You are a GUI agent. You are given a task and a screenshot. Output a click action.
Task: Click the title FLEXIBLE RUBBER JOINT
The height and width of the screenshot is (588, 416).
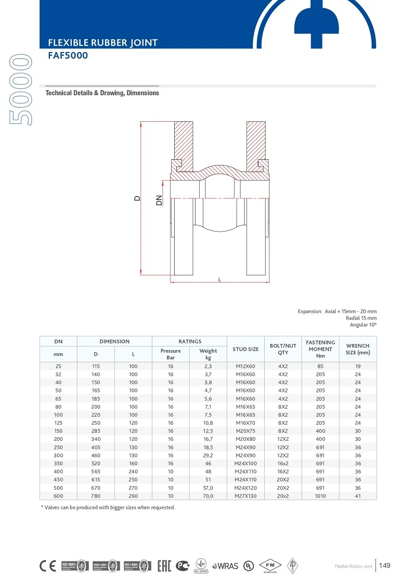102,43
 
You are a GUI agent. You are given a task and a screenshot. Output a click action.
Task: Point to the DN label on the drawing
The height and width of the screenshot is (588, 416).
159,199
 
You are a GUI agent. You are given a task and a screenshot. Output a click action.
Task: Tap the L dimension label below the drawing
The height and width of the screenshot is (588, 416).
219,279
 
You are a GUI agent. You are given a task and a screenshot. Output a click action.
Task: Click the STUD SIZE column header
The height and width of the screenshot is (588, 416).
245,349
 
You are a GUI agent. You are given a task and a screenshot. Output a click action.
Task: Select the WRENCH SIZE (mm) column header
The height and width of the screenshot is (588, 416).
357,349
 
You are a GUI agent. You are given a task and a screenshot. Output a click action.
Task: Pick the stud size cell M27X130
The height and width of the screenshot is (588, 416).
245,496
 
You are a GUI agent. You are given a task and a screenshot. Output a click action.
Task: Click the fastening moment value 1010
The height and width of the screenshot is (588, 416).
320,496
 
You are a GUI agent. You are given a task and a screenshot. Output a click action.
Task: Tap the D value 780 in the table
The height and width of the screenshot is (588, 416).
96,496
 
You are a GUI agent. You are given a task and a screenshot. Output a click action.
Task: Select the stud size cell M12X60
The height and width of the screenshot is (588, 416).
245,366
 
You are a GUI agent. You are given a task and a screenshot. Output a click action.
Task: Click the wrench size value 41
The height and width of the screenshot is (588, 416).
357,496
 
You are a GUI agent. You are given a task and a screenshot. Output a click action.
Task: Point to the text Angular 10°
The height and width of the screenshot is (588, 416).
362,324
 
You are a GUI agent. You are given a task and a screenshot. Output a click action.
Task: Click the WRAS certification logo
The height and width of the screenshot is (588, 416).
225,566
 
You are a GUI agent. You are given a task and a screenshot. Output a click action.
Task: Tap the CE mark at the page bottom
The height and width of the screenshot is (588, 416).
48,566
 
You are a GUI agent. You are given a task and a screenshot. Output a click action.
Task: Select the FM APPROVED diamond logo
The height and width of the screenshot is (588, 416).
270,566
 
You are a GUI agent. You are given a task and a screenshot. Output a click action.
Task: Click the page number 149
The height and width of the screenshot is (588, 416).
384,566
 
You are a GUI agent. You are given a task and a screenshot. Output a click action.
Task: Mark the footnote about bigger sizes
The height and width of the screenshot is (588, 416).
108,507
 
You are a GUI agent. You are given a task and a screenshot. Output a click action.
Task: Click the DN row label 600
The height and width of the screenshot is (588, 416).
58,496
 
